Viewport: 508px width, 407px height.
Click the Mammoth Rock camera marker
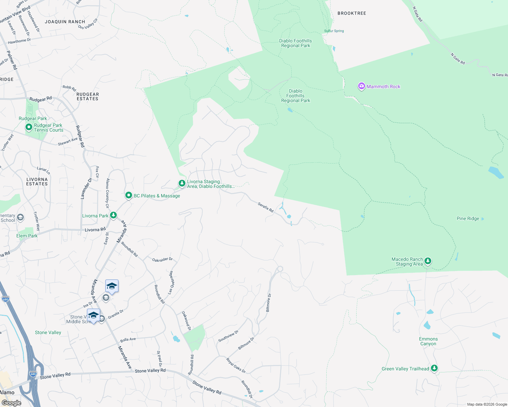click(x=361, y=86)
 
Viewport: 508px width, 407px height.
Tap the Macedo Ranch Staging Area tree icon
click(x=428, y=261)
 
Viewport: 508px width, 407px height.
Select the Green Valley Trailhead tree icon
click(x=434, y=368)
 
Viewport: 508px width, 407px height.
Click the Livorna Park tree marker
click(x=113, y=215)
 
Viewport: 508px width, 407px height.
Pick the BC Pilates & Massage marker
click(x=129, y=195)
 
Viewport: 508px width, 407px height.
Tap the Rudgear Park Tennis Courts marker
click(x=29, y=127)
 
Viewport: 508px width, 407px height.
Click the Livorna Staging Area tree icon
click(x=182, y=183)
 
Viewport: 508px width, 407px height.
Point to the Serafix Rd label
click(x=266, y=207)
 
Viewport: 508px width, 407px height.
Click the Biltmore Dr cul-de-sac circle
click(x=280, y=269)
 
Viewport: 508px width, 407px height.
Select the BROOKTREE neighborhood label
click(x=352, y=13)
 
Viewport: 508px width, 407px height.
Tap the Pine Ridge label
click(x=468, y=219)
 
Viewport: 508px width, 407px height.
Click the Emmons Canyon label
click(x=428, y=341)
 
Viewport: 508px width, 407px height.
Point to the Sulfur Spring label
click(x=334, y=31)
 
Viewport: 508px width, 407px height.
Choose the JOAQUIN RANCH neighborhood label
click(x=65, y=22)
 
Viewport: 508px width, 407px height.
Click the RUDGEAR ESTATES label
click(x=88, y=97)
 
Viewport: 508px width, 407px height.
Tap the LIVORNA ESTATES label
click(x=37, y=181)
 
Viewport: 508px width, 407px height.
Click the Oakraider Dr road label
click(x=162, y=260)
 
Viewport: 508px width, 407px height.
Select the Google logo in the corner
click(x=11, y=403)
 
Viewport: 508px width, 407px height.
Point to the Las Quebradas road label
click(x=171, y=282)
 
